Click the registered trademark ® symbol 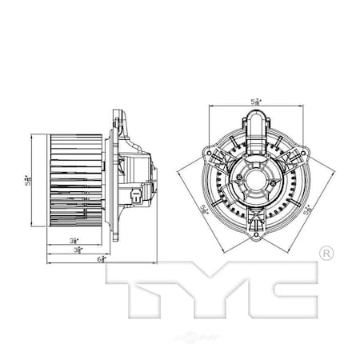click(x=326, y=254)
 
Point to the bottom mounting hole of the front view click(x=255, y=235)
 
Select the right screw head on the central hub click(x=274, y=182)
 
